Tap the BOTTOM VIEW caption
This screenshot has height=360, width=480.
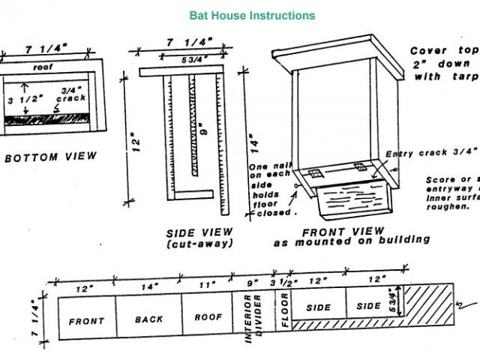click(x=50, y=157)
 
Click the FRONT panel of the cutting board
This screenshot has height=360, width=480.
click(x=86, y=320)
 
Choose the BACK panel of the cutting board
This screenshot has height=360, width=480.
click(x=148, y=319)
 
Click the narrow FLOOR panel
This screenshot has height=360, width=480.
click(x=285, y=316)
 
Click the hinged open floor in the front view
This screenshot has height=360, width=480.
click(x=353, y=201)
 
